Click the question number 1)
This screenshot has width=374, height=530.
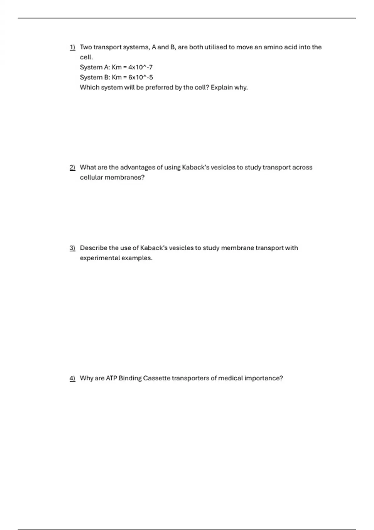(x=72, y=47)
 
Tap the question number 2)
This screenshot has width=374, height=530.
(x=72, y=167)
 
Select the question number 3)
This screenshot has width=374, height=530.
(x=72, y=248)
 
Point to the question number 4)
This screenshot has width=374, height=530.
(x=72, y=378)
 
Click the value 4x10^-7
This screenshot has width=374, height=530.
(x=141, y=67)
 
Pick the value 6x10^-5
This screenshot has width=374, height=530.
(x=141, y=77)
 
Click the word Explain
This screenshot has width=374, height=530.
(x=222, y=88)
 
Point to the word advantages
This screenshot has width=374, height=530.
(x=137, y=167)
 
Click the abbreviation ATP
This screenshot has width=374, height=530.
(x=111, y=378)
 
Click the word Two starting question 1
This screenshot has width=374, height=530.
(x=86, y=47)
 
